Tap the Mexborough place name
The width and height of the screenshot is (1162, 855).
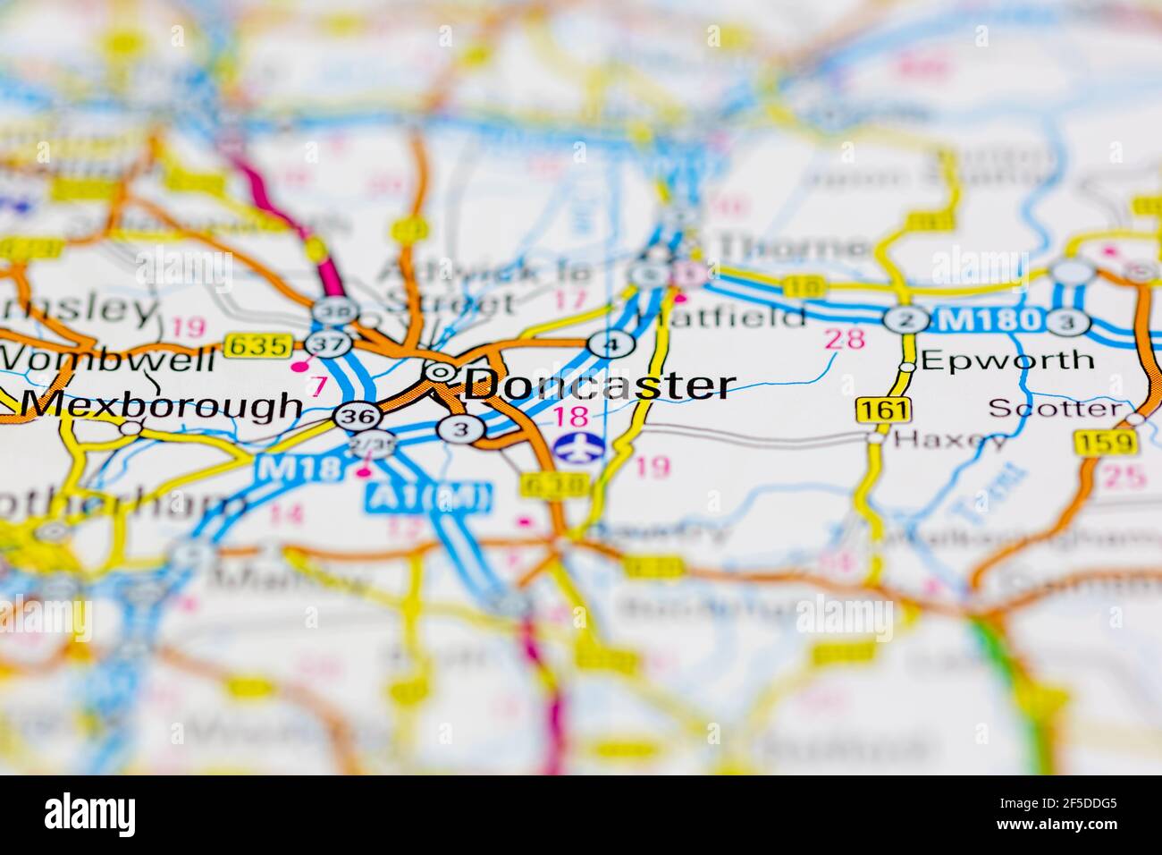click(x=161, y=405)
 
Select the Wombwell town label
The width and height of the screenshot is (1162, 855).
click(x=107, y=360)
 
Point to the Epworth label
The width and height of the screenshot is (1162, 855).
click(x=1006, y=360)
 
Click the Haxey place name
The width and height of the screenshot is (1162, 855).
click(x=950, y=439)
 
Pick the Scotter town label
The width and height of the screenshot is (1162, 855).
click(x=1055, y=409)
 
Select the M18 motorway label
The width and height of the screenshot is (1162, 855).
click(x=285, y=468)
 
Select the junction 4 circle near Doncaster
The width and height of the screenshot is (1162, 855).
click(x=611, y=344)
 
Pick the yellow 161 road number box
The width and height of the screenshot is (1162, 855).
click(x=881, y=411)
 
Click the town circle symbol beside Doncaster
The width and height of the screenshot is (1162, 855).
click(x=439, y=371)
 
